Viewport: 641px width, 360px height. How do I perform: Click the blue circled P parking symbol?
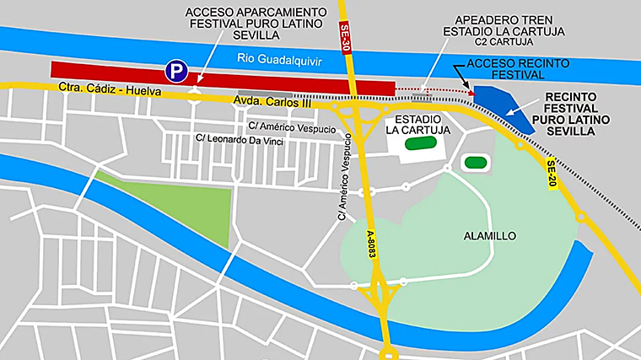tap(175, 70)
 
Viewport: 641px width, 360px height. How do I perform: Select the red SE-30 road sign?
tap(345, 39)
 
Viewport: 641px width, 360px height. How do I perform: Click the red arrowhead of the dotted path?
tap(471, 92)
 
